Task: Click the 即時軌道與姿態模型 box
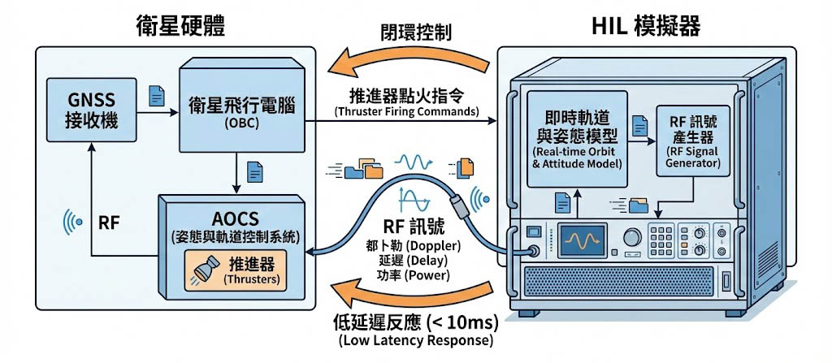click(x=578, y=137)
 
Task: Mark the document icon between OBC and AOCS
click(x=255, y=171)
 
